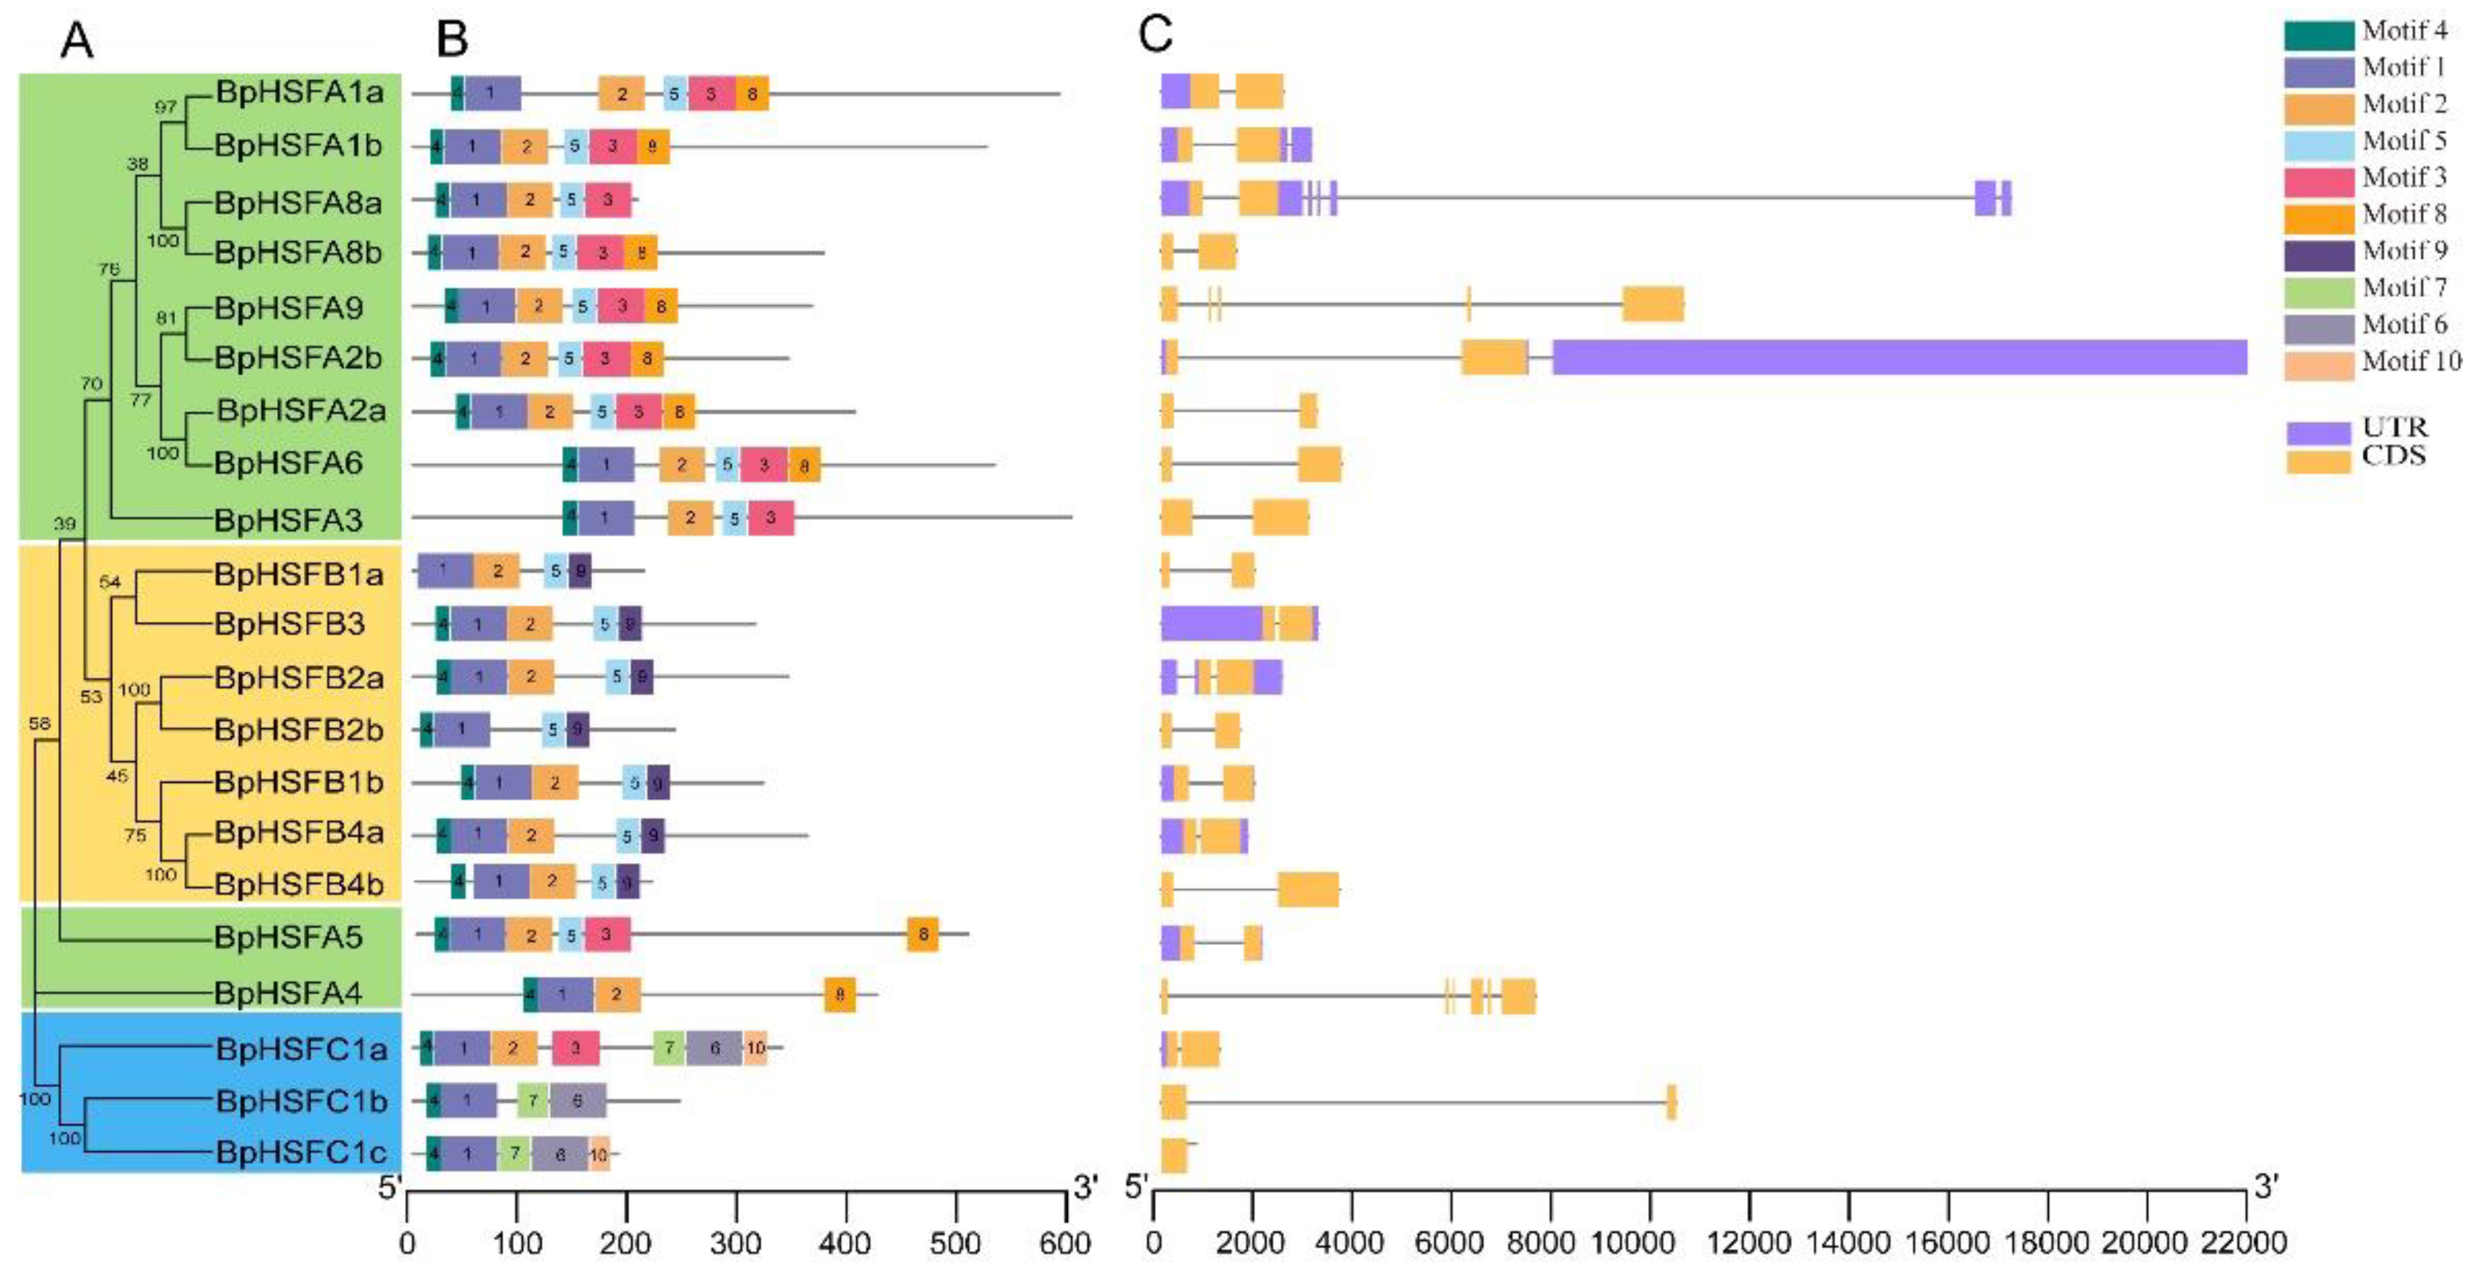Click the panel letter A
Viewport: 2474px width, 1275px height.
77,41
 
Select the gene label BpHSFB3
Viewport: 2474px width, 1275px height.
289,624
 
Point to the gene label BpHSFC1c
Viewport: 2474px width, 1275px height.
302,1151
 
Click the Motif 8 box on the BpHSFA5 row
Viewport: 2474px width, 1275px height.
922,934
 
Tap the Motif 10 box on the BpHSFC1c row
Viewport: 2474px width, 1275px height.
600,1154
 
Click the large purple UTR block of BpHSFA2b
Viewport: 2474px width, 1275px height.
1899,357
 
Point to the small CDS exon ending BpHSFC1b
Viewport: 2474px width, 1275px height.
1671,1101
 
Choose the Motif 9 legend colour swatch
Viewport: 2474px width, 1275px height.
2318,255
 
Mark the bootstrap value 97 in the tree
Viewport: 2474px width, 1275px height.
165,106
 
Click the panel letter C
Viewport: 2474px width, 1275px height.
1155,36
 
